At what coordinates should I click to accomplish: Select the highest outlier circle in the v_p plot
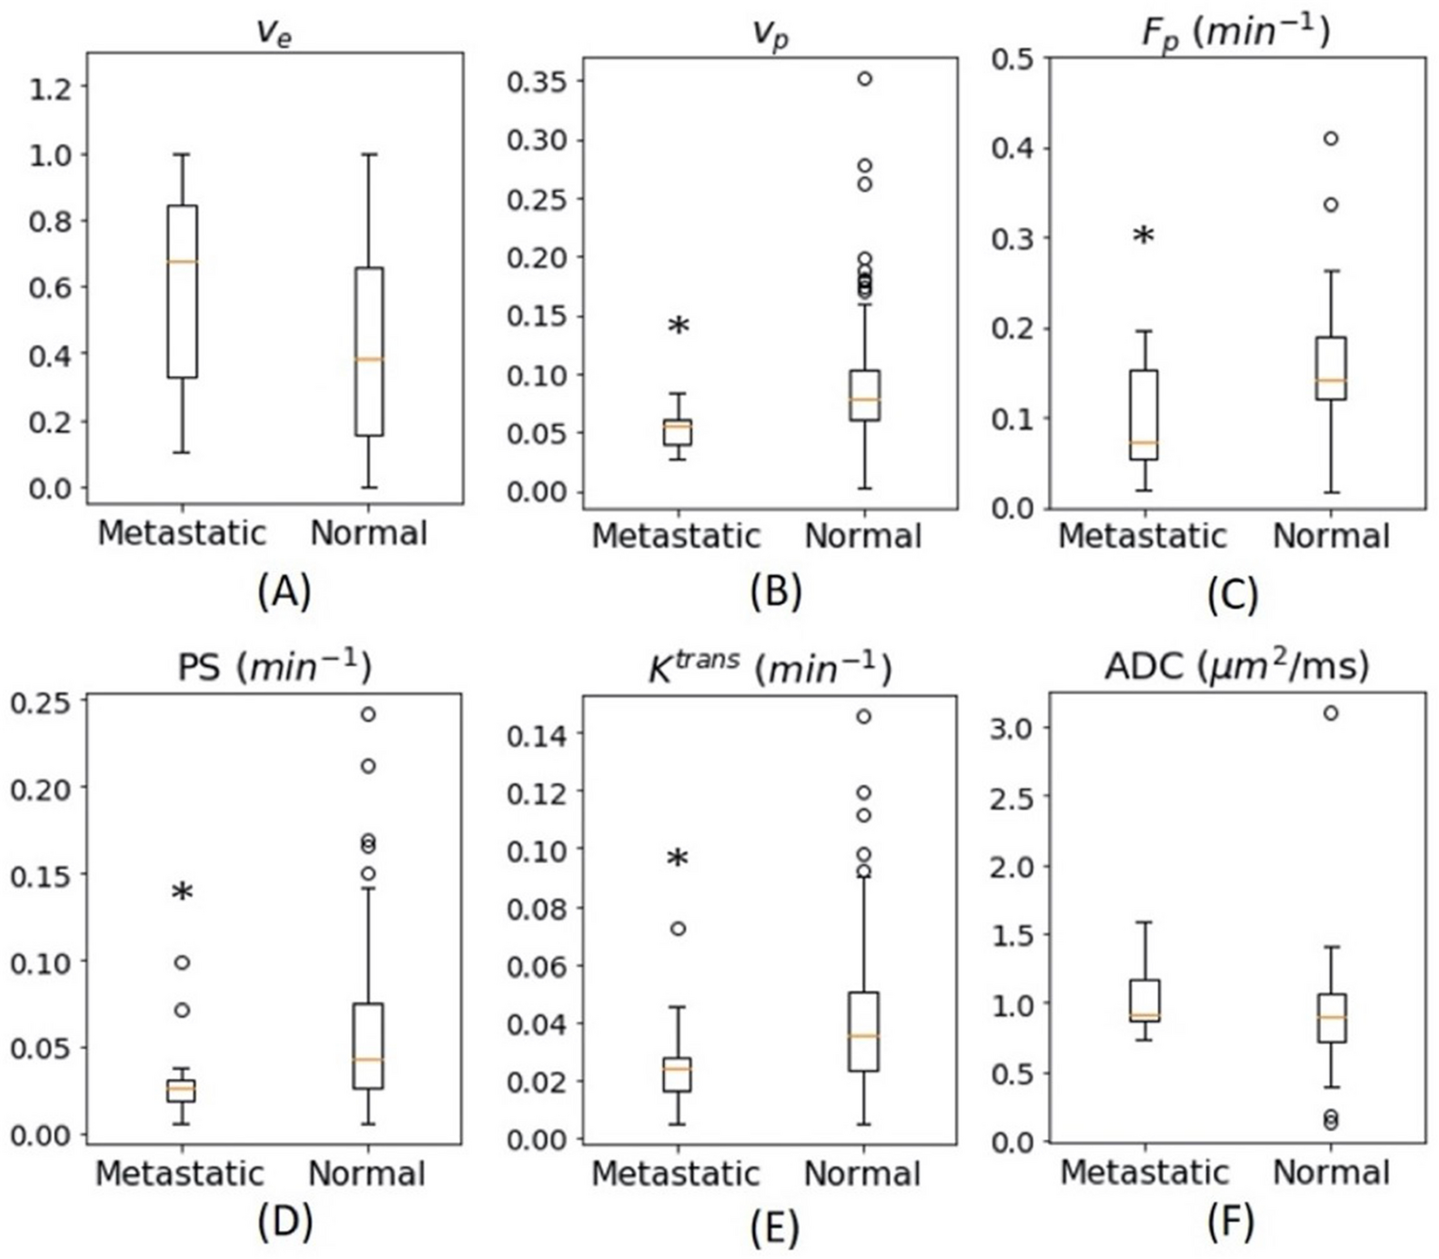pos(863,79)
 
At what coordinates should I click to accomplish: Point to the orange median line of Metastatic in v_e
pos(182,261)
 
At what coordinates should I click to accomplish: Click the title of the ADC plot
pos(1237,667)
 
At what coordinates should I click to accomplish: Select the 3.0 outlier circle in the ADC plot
pos(1330,713)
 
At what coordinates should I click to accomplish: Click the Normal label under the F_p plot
pos(1331,536)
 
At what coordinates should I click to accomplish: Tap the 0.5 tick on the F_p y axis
pos(1012,58)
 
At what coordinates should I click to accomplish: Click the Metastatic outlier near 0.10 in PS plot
pos(182,962)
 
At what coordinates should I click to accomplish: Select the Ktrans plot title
pos(769,667)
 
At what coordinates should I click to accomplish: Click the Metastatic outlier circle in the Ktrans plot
pos(677,929)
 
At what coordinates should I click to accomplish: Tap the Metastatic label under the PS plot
pos(181,1173)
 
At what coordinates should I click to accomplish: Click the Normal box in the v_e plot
pos(368,352)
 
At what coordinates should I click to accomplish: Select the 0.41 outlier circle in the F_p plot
pos(1330,139)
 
